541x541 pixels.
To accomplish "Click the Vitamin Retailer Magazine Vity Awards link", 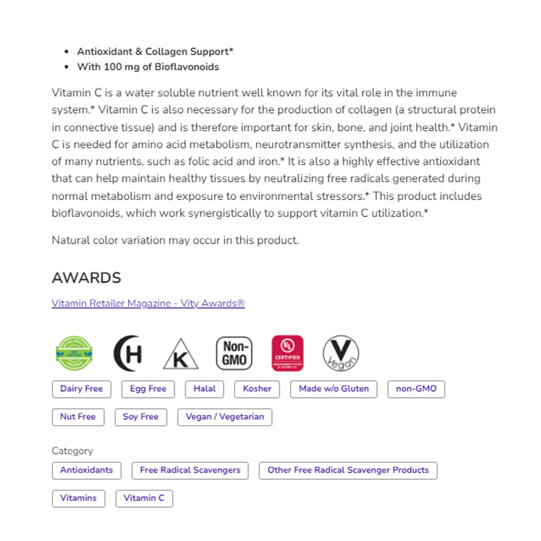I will tap(148, 304).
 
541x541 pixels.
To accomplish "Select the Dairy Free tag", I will tap(81, 389).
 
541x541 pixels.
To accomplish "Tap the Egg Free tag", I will tap(148, 389).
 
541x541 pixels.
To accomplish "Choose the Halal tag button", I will tap(204, 389).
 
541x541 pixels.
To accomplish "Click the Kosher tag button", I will tap(257, 389).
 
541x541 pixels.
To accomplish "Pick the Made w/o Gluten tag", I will tap(334, 389).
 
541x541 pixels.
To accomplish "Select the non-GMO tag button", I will tap(416, 389).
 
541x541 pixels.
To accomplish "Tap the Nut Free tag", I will tap(78, 417).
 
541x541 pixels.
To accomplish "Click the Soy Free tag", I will tap(141, 417).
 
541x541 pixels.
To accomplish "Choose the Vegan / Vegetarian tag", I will tap(225, 417).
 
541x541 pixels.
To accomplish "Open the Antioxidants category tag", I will tap(87, 470).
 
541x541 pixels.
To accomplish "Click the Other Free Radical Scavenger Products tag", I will tap(348, 470).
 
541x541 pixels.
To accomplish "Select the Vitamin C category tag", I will tap(144, 498).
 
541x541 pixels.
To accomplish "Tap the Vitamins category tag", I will tap(78, 498).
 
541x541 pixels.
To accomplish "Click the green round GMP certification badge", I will tap(74, 353).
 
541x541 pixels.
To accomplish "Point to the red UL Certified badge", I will tap(287, 353).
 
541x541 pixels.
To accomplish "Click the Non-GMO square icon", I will tap(234, 353).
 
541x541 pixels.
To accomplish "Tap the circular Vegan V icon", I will tap(341, 353).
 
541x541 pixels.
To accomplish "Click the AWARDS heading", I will tap(87, 278).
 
